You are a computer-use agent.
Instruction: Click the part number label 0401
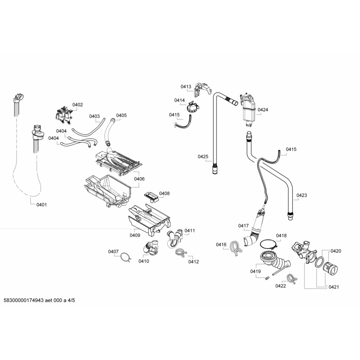41,205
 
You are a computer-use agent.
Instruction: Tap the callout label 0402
78,104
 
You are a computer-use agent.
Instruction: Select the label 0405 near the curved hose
121,115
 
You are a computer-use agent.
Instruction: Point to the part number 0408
164,193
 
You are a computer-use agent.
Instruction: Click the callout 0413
186,86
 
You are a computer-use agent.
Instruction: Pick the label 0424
263,110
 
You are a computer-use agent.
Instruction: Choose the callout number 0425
203,156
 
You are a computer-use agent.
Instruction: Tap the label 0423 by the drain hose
302,195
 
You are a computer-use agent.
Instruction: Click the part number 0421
334,287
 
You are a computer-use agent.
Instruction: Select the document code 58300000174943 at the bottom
23,301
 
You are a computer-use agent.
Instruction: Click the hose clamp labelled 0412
180,252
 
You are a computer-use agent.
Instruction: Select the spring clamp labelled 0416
235,247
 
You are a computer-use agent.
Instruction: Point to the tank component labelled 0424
248,109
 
